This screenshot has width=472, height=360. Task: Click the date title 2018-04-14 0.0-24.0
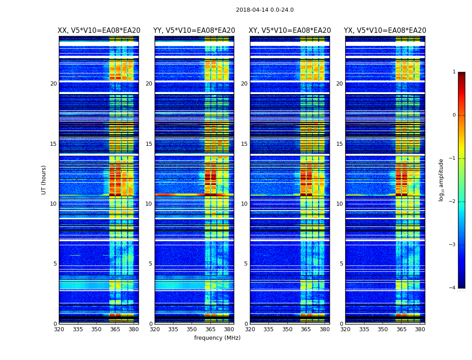pos(265,10)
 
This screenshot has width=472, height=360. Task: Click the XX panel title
pos(99,31)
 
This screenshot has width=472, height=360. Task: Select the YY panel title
pos(194,31)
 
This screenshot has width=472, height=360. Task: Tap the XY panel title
pos(290,31)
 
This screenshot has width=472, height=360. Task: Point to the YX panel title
pos(385,31)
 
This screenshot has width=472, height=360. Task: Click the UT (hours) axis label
pos(44,180)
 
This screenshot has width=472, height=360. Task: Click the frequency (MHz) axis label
pos(217,338)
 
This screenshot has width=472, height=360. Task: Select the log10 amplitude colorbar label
pos(441,180)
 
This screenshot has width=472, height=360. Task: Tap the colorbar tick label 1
pos(454,72)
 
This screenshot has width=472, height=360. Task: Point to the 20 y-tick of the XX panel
pos(53,84)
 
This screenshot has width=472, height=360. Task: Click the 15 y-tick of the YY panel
pos(149,144)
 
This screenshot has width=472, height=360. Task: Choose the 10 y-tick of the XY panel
pos(244,204)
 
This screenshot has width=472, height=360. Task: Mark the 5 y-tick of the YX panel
pos(341,264)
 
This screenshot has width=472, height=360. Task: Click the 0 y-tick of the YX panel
pos(341,324)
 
